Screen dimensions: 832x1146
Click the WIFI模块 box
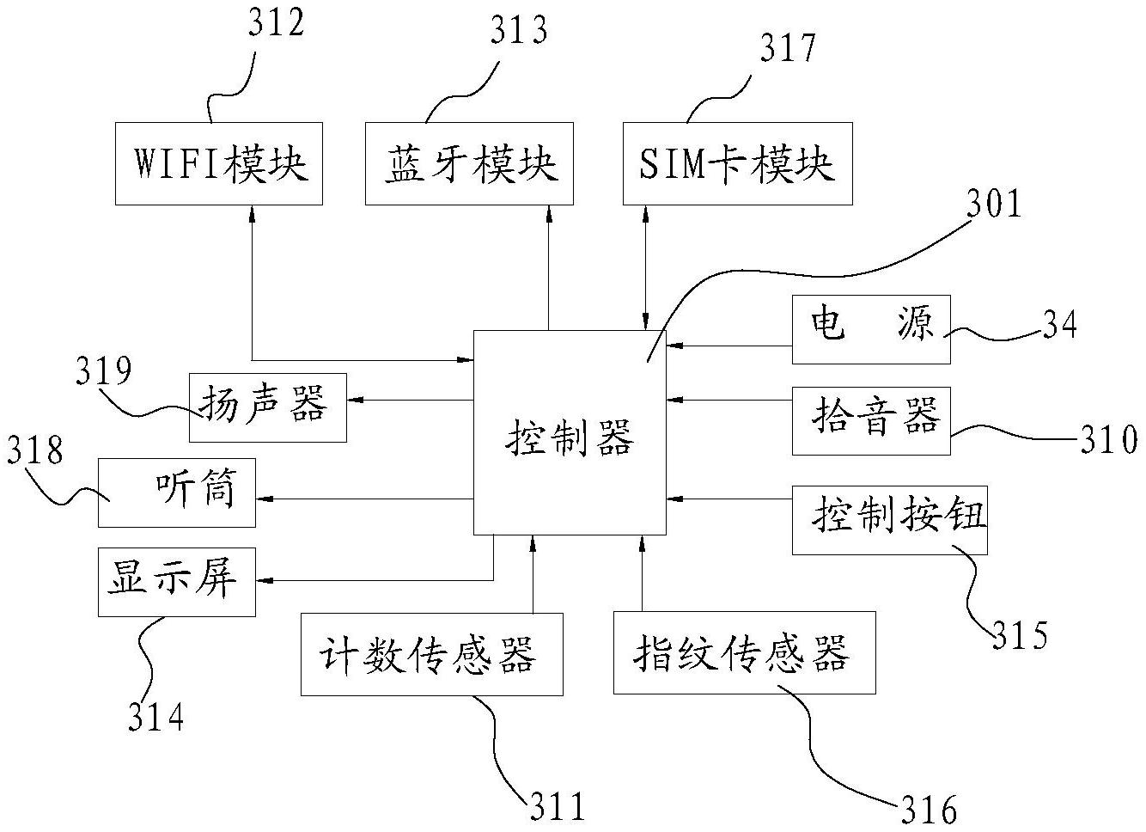tap(219, 163)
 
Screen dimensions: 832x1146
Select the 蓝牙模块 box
tap(470, 163)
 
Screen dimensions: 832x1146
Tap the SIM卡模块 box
tap(737, 163)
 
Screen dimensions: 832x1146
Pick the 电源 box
tap(870, 329)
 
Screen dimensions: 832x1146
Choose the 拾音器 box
tap(870, 420)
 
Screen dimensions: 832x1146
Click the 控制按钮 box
tap(889, 520)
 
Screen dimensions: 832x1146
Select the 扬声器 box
tap(267, 407)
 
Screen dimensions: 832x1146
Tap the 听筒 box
tap(177, 492)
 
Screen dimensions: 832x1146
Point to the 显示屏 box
tap(177, 582)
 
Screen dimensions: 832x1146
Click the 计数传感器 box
tap(431, 654)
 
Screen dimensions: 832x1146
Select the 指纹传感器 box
tap(744, 653)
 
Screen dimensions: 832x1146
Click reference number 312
tap(277, 23)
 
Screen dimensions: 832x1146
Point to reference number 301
tap(994, 205)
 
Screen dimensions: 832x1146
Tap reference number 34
tap(1059, 325)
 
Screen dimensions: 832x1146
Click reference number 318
tap(36, 450)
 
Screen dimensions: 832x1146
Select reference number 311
tap(556, 806)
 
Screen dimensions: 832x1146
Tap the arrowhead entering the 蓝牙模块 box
tap(548, 212)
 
